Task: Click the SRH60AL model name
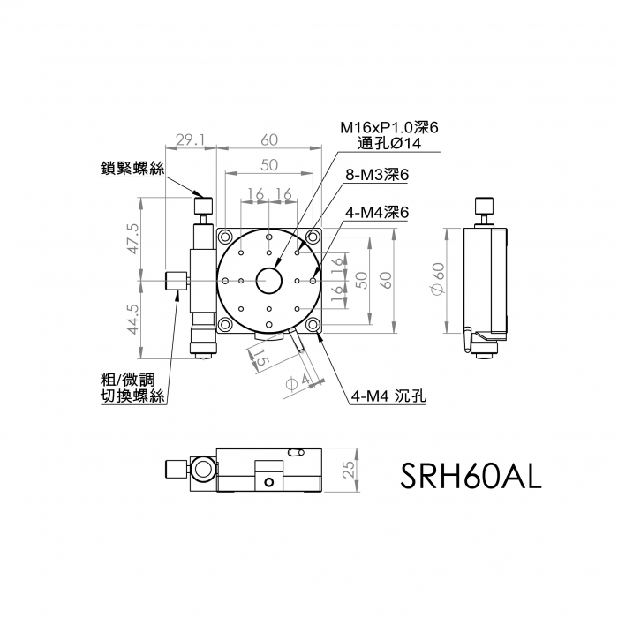[x=471, y=476]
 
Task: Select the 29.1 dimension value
[x=191, y=139]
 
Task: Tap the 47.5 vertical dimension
[x=133, y=239]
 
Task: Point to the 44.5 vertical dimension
[x=133, y=319]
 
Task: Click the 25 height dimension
[x=349, y=470]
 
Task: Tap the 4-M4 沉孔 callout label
[x=388, y=396]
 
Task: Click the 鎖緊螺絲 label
[x=132, y=169]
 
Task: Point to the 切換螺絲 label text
[x=132, y=396]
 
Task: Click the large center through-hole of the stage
[x=269, y=280]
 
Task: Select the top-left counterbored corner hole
[x=225, y=237]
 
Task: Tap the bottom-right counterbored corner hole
[x=313, y=324]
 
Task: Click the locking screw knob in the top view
[x=204, y=206]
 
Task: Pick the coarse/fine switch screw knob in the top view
[x=177, y=281]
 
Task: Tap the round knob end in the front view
[x=204, y=470]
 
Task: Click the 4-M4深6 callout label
[x=377, y=213]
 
